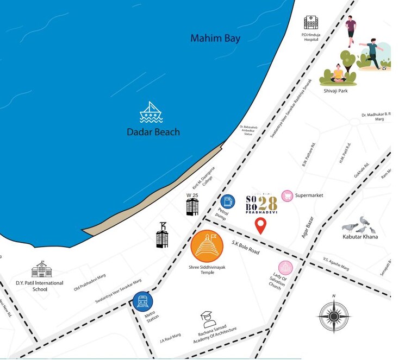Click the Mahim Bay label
(x=215, y=39)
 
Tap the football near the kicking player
(x=385, y=68)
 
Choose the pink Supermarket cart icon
(x=286, y=195)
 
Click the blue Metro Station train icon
(x=143, y=301)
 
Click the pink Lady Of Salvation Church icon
(x=286, y=267)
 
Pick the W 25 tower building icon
(x=192, y=206)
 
